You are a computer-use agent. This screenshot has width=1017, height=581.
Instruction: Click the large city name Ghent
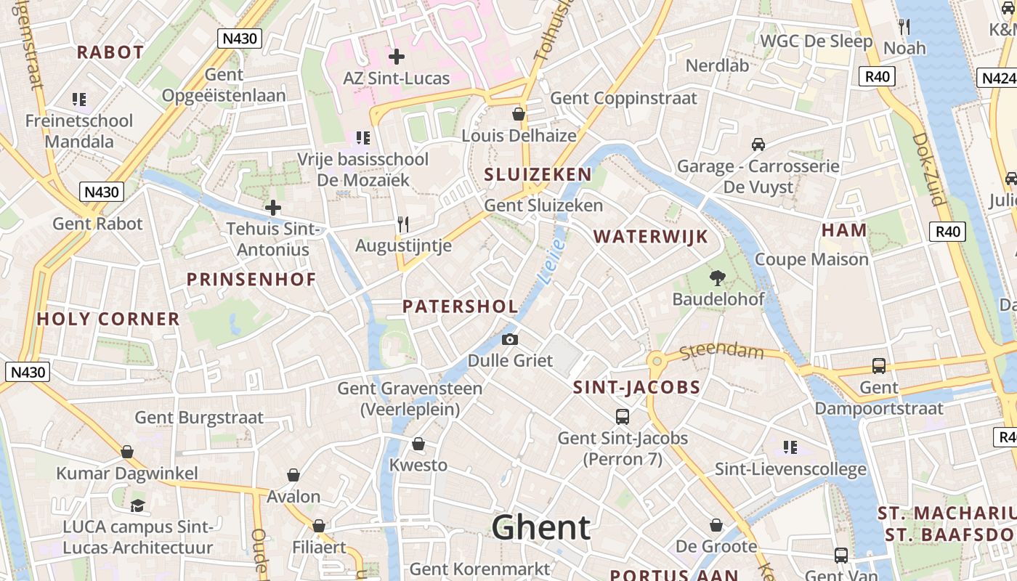coord(541,528)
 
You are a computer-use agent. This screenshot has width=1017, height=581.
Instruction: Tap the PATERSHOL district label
coord(461,306)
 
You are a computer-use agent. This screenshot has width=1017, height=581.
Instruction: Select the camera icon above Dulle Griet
coord(510,339)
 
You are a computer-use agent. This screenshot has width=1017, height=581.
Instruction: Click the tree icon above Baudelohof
coord(718,277)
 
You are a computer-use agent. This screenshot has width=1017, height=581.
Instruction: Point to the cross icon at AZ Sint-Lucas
coord(397,56)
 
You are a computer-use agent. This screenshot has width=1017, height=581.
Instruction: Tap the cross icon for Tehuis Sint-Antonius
coord(273,208)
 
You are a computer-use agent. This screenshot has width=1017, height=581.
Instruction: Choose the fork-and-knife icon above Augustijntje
coord(403,224)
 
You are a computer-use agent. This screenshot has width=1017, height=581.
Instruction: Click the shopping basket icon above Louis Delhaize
coord(519,114)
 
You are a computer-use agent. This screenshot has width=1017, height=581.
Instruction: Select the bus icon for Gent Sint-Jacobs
coord(623,417)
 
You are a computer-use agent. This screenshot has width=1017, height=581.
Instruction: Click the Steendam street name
coord(722,352)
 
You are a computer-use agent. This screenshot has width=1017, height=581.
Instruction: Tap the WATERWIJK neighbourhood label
coord(650,237)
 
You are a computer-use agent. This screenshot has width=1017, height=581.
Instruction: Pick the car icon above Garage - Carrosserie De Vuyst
coord(758,145)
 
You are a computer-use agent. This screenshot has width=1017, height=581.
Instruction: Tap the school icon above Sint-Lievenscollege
coord(790,447)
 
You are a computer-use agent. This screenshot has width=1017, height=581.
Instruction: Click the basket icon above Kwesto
coord(418,444)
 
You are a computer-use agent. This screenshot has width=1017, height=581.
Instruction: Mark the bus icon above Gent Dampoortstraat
coord(879,366)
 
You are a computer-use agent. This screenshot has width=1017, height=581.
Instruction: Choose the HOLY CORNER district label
coord(108,319)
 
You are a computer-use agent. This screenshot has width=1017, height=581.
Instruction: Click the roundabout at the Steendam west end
coord(656,360)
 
